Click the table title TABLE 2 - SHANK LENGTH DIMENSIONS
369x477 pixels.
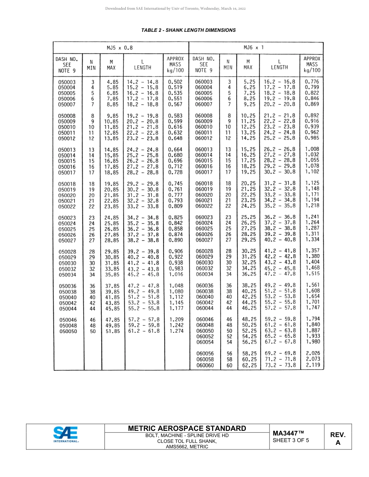click(188, 30)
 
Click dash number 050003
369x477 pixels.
click(67, 82)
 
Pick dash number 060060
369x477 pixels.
click(205, 365)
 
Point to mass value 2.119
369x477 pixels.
click(313, 365)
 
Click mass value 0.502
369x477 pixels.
click(175, 82)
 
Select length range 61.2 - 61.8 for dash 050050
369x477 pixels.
click(143, 331)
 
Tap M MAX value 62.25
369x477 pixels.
click(249, 365)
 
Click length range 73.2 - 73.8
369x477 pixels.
click(280, 365)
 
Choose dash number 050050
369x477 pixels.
click(68, 332)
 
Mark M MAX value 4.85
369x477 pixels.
click(112, 82)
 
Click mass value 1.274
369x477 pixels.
click(176, 331)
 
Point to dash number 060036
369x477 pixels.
click(205, 286)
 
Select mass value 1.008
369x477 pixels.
click(312, 149)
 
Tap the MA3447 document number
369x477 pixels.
click(288, 433)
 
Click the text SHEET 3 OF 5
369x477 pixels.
click(291, 440)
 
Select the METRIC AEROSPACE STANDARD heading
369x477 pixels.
click(187, 428)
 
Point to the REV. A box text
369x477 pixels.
click(338, 439)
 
